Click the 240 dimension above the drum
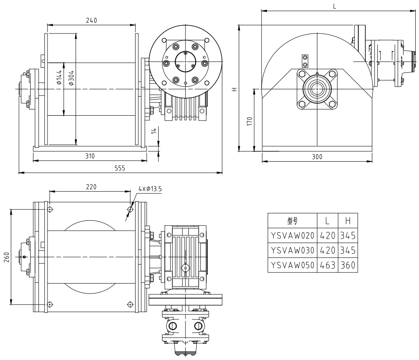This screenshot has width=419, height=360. click(x=92, y=21)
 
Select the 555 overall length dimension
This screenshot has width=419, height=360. click(x=120, y=168)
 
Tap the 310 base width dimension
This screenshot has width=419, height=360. click(x=90, y=156)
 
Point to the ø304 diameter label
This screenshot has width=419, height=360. click(x=71, y=78)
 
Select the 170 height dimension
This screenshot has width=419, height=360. click(x=249, y=122)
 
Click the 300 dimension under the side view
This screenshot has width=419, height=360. click(x=317, y=157)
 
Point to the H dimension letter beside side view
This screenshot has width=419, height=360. click(x=234, y=88)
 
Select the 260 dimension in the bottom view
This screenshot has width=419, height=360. click(x=5, y=257)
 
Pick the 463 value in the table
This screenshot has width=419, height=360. click(x=326, y=265)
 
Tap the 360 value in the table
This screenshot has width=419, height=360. click(x=347, y=265)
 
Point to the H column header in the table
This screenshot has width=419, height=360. click(x=347, y=221)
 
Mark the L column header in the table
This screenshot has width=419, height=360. click(x=326, y=221)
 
